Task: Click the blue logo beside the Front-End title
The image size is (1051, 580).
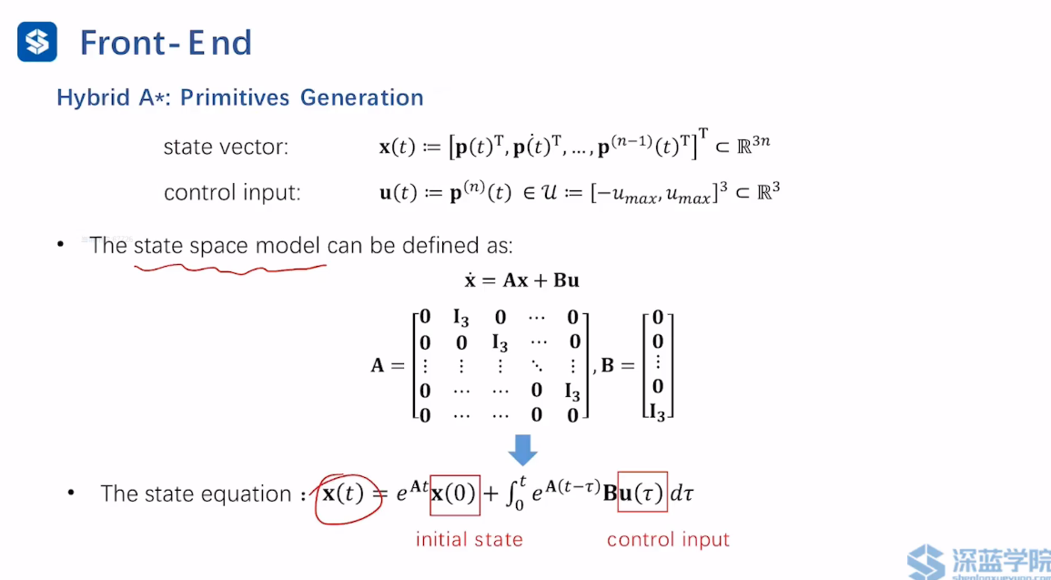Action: (x=37, y=42)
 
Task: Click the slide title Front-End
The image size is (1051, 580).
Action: (x=166, y=43)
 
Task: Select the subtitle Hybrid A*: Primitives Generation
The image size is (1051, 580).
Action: (x=240, y=97)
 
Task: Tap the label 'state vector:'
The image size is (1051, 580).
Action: (x=226, y=147)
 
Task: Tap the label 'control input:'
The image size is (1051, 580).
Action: (x=232, y=193)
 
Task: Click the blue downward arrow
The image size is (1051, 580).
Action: (x=522, y=449)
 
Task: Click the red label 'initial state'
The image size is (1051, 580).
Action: (x=469, y=539)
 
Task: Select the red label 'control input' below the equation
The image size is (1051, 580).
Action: (x=668, y=539)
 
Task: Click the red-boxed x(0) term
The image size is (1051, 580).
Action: (x=454, y=494)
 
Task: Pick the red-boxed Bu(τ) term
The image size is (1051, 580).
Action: (x=642, y=494)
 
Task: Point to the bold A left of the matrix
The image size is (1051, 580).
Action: (x=377, y=366)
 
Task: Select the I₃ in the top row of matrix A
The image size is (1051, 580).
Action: (x=461, y=318)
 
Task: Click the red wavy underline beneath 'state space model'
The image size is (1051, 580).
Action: (x=229, y=269)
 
